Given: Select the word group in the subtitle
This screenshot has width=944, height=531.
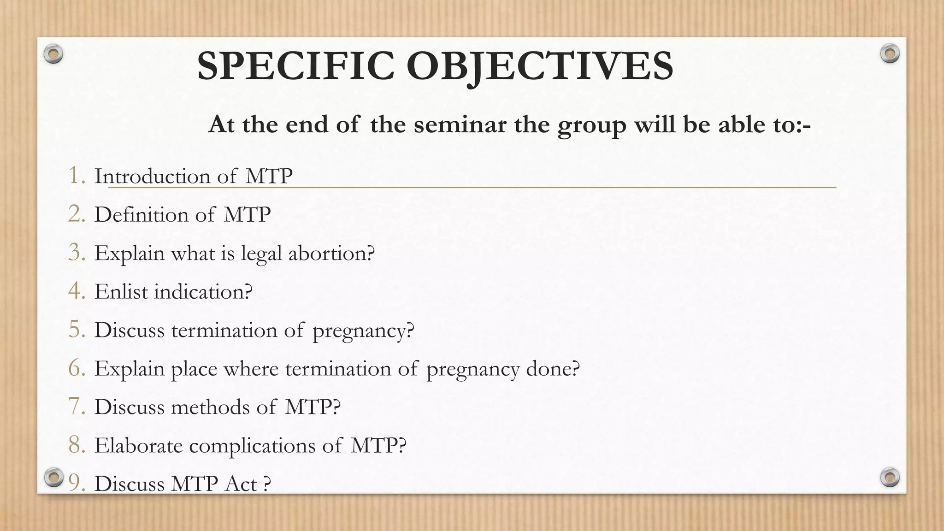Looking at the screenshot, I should [591, 125].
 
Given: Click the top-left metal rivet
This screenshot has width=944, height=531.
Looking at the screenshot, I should [53, 54].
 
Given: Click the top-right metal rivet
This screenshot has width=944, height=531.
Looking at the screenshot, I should [890, 54].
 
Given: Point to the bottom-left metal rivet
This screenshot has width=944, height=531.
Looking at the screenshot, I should [53, 477].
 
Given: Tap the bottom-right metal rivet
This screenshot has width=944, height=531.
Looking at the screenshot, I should [890, 477].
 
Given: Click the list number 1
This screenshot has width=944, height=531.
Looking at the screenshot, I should [76, 176].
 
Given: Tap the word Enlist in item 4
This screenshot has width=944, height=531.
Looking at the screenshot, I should [121, 292].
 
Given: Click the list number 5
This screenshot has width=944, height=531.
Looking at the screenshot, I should [77, 330].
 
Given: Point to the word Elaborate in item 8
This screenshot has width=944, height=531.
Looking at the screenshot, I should [138, 446].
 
